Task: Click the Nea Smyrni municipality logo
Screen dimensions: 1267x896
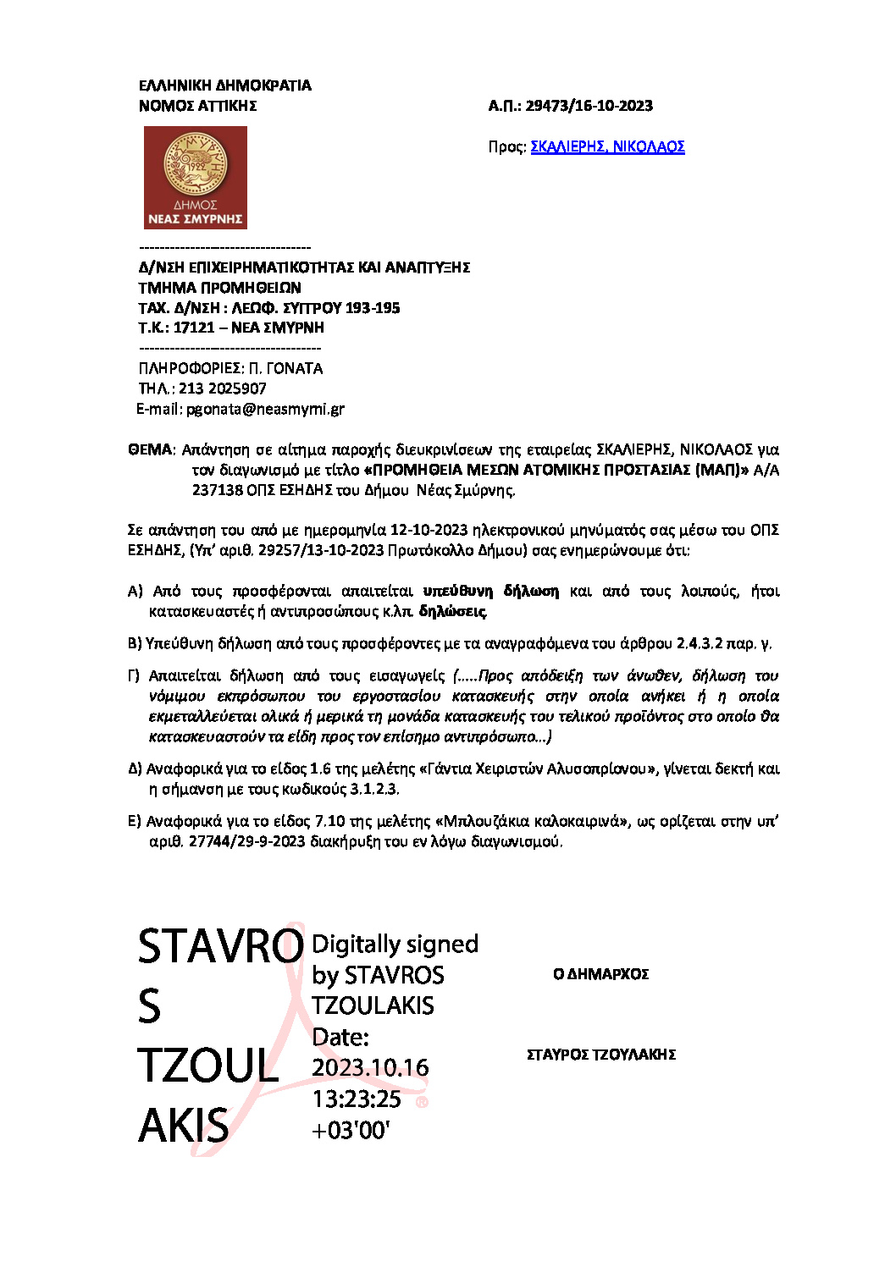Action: coord(195,178)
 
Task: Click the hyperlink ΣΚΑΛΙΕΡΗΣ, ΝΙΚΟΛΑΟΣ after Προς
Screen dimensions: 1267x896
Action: coord(607,146)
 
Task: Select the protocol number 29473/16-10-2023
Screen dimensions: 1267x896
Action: coord(589,106)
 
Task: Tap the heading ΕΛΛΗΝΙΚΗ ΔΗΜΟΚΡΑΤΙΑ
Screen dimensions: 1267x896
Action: coord(224,85)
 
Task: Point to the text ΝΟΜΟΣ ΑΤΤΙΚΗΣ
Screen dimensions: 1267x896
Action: coord(197,106)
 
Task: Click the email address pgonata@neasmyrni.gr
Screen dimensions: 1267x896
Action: coord(265,409)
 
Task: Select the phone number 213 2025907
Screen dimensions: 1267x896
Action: coord(222,388)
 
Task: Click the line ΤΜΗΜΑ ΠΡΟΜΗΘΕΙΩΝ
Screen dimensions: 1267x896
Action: coord(219,288)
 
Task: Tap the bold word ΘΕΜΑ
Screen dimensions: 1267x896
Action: coord(150,449)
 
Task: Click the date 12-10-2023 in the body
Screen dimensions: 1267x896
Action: coord(429,530)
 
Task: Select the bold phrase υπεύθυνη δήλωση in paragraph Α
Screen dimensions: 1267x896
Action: coord(491,591)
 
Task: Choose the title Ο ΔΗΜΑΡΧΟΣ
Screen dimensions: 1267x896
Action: coord(600,974)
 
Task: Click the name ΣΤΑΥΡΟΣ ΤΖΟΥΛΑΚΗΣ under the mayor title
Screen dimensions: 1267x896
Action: coord(600,1055)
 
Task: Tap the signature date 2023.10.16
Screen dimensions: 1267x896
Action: coord(370,1068)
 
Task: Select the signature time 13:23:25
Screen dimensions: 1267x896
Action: coord(357,1099)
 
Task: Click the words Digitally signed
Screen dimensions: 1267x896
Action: coord(395,944)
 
